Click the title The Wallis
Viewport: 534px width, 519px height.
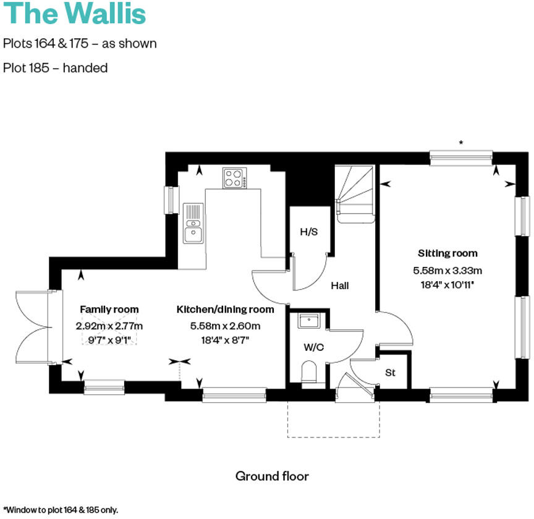[x=75, y=14]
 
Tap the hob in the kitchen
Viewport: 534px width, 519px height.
[x=234, y=179]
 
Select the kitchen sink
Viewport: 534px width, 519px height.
[x=193, y=223]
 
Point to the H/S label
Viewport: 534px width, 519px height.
[x=308, y=232]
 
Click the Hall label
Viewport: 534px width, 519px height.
[x=339, y=285]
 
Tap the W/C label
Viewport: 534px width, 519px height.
[x=313, y=347]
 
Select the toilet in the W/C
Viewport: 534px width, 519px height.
[x=309, y=373]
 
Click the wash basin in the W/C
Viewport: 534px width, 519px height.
[x=308, y=321]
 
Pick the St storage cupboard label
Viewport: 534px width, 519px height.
[x=390, y=373]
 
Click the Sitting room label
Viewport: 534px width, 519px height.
[x=447, y=253]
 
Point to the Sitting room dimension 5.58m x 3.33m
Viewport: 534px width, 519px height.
[x=447, y=270]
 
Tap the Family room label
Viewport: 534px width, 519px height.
[x=109, y=310]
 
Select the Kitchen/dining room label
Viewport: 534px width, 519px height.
[x=225, y=310]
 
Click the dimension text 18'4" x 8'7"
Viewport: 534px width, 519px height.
[x=225, y=339]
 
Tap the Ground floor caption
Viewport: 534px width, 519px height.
[x=272, y=476]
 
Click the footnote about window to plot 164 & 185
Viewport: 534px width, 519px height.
[x=60, y=510]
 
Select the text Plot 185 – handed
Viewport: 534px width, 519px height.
[x=56, y=68]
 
